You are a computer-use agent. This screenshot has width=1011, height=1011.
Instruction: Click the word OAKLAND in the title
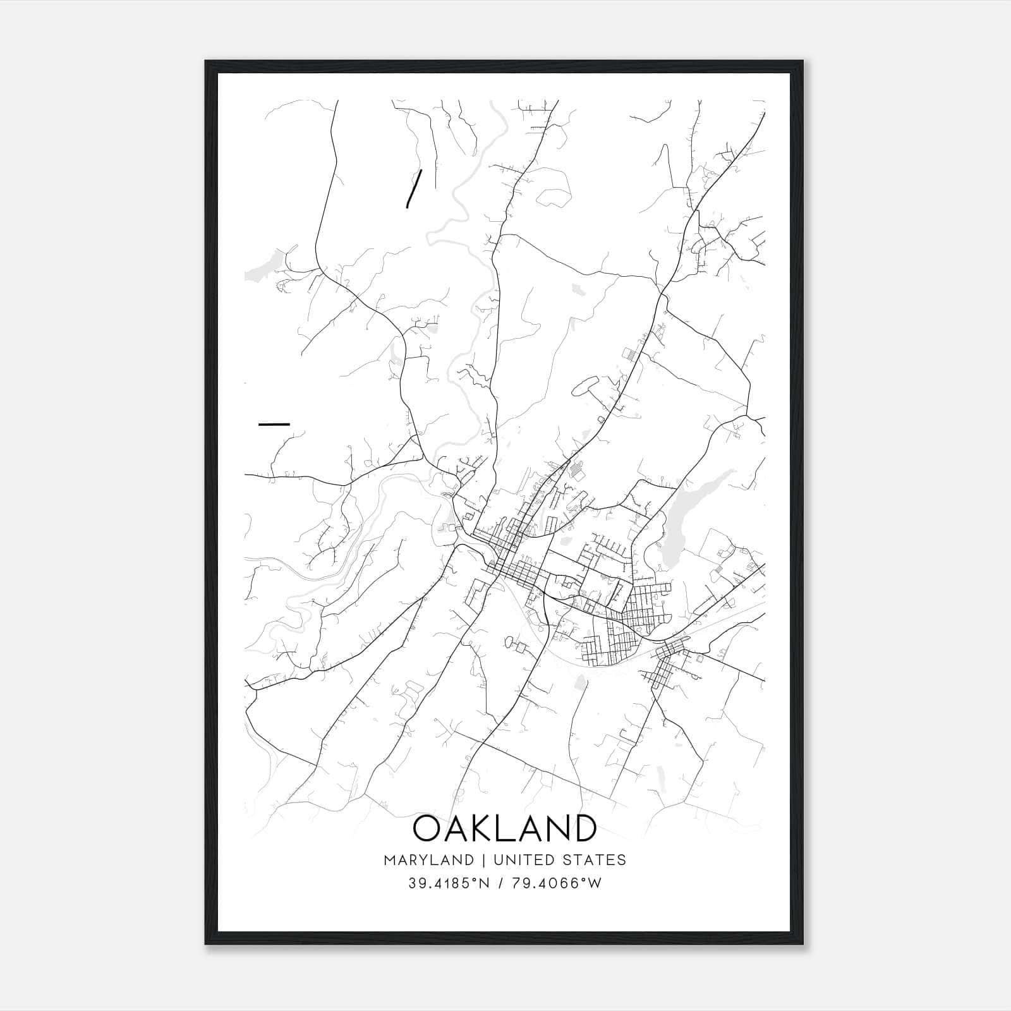pyautogui.click(x=504, y=828)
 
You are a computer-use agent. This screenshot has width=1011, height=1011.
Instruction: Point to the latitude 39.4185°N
pyautogui.click(x=449, y=883)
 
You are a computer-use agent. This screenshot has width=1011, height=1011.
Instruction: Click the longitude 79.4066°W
pyautogui.click(x=557, y=883)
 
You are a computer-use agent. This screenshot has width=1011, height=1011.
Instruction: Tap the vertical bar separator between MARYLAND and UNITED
pyautogui.click(x=483, y=860)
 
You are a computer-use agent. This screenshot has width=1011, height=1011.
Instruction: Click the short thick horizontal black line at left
pyautogui.click(x=274, y=424)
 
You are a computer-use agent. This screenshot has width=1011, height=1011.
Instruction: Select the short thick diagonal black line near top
pyautogui.click(x=413, y=188)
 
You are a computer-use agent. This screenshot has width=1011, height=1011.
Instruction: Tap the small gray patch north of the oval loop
pyautogui.click(x=577, y=289)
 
